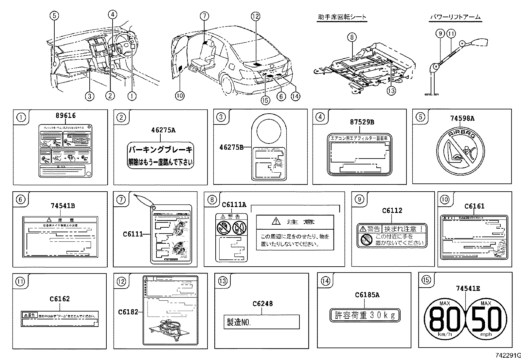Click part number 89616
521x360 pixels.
[65, 116]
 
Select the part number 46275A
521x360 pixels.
[163, 130]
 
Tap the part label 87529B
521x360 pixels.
[362, 122]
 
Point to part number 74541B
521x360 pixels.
[63, 206]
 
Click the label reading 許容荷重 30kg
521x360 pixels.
[365, 315]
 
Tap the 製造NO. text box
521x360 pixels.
[261, 322]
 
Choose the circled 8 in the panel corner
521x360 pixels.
[212, 199]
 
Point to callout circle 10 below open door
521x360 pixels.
[180, 96]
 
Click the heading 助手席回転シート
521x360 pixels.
[342, 17]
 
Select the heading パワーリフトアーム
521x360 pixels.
[455, 17]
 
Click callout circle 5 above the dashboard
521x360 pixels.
[54, 15]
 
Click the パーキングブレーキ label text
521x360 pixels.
[160, 150]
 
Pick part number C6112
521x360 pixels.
[392, 210]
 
